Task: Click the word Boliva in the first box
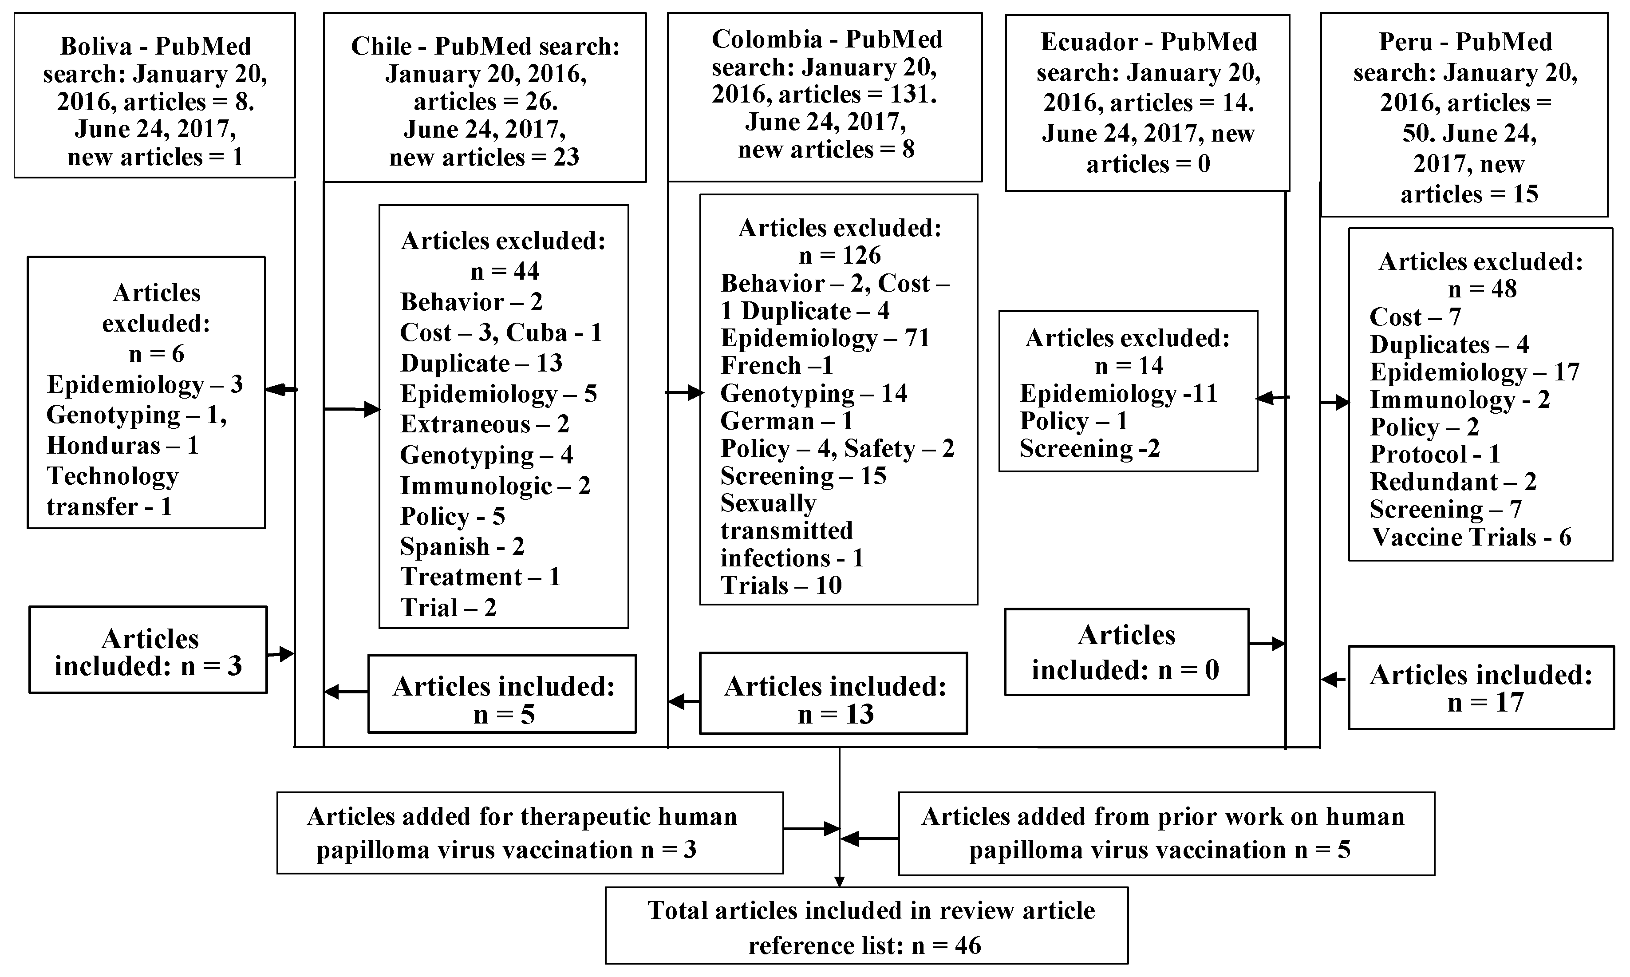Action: click(x=96, y=47)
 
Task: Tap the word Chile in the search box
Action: click(x=382, y=47)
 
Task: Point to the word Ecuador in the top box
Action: click(x=1089, y=42)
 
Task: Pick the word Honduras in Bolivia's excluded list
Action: click(x=103, y=446)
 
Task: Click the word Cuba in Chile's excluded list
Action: click(x=537, y=333)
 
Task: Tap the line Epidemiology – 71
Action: click(x=825, y=338)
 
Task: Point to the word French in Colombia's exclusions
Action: click(x=761, y=365)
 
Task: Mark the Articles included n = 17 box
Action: click(x=1480, y=688)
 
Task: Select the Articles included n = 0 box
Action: click(x=1126, y=652)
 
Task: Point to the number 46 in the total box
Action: click(x=967, y=946)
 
